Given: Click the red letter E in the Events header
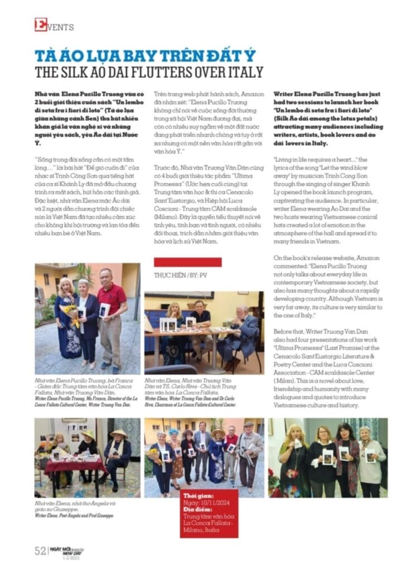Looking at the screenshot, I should [40, 25].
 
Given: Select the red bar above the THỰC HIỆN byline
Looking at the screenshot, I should [180, 262].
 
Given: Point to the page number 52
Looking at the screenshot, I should [40, 551].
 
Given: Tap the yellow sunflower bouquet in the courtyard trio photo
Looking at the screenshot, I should [70, 314].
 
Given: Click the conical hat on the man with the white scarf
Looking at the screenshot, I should [117, 434].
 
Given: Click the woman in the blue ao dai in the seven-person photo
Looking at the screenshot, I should [216, 459].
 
